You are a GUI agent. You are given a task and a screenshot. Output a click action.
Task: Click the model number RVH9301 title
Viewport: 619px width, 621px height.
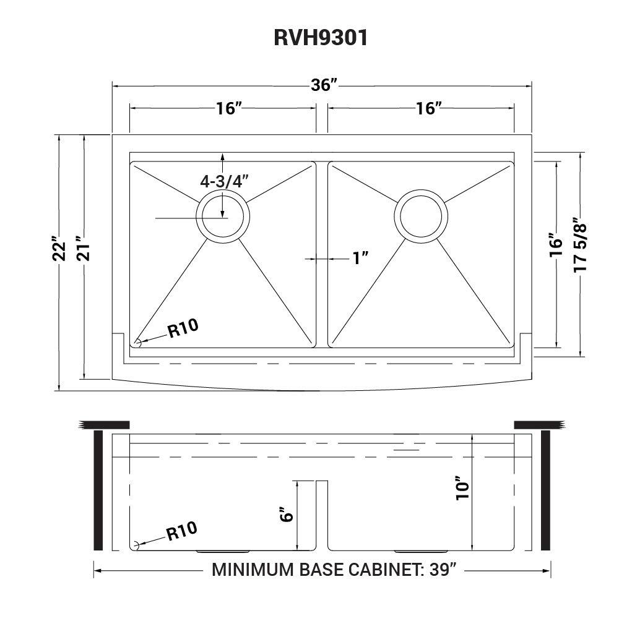tap(321, 38)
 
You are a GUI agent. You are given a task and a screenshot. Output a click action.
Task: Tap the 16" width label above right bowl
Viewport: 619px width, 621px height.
tap(428, 108)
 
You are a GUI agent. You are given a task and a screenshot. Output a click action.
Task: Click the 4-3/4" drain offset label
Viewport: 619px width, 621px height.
tap(224, 181)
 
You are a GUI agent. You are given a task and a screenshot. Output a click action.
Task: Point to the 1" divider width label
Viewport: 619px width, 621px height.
tap(360, 258)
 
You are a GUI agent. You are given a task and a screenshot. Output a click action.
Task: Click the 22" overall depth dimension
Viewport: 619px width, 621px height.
tap(59, 249)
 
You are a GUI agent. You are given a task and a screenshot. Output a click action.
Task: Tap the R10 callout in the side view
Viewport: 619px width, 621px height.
tap(181, 531)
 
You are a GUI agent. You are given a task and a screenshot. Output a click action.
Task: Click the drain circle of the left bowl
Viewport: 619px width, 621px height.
tap(223, 216)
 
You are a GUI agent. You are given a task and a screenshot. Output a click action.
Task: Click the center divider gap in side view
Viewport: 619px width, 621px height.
tap(322, 513)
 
